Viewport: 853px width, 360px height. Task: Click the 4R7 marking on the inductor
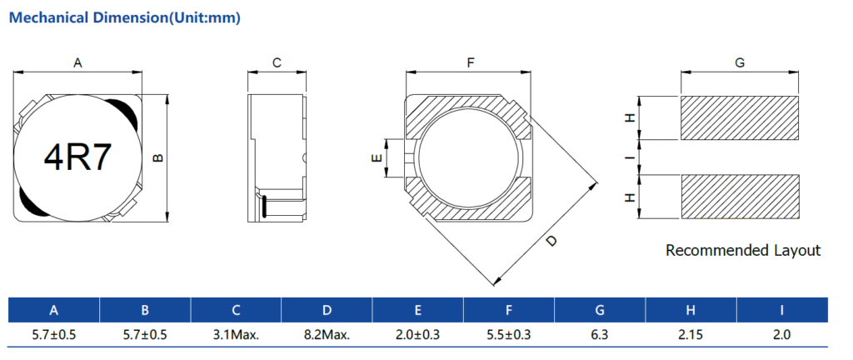77,156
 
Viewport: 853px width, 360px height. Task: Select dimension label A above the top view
78,62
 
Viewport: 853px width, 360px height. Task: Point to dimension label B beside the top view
158,157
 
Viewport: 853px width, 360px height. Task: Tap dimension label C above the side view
277,62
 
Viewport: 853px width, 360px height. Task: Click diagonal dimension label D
551,241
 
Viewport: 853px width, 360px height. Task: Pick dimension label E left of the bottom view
377,157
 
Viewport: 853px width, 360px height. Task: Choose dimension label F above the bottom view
470,62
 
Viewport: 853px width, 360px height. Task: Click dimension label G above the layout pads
740,62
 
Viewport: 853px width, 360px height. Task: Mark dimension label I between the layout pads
631,157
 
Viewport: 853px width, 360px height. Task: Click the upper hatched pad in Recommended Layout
740,117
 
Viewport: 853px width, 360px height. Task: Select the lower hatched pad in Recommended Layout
740,197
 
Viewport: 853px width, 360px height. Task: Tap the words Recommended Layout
743,250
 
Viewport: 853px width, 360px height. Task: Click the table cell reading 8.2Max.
327,334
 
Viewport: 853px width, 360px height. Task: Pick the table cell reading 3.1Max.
236,334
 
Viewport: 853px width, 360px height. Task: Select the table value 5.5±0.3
508,334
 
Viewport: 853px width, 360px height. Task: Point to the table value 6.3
600,334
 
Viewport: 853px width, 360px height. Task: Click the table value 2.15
691,334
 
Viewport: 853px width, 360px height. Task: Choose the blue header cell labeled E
417,311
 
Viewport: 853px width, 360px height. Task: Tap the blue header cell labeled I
781,311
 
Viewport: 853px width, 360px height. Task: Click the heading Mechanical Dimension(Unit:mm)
124,17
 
